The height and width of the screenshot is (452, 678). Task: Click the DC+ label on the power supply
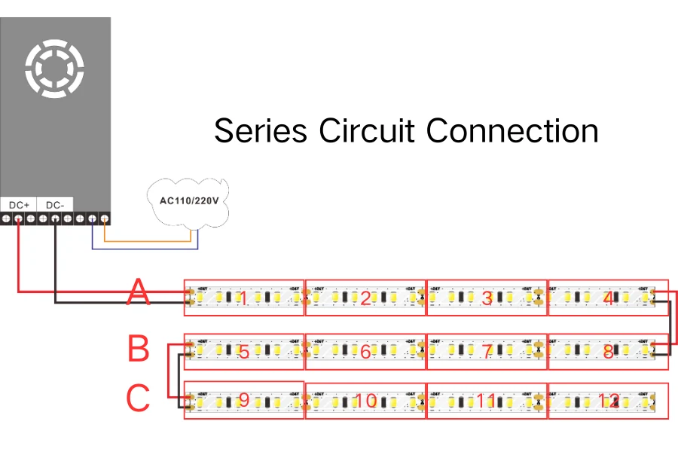pyautogui.click(x=19, y=205)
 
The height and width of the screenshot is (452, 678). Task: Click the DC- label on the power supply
pyautogui.click(x=55, y=205)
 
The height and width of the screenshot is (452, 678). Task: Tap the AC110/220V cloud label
pyautogui.click(x=190, y=201)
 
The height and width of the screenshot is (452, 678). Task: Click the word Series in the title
pyautogui.click(x=261, y=130)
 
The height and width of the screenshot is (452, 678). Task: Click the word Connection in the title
pyautogui.click(x=512, y=130)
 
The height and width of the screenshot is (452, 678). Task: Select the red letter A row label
pyautogui.click(x=138, y=292)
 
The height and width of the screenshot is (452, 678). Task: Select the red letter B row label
pyautogui.click(x=139, y=350)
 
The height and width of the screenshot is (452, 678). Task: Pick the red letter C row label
pyautogui.click(x=138, y=399)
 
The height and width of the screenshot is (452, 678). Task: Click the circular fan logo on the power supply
pyautogui.click(x=54, y=69)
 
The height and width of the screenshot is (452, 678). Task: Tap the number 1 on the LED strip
pyautogui.click(x=243, y=299)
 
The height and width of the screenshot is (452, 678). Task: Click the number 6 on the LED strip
pyautogui.click(x=365, y=352)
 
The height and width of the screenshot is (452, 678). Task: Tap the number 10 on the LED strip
pyautogui.click(x=365, y=401)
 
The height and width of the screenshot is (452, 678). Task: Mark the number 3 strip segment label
pyautogui.click(x=487, y=299)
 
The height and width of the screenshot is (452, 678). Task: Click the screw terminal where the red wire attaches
pyautogui.click(x=18, y=219)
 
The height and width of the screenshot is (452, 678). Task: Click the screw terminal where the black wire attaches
pyautogui.click(x=55, y=219)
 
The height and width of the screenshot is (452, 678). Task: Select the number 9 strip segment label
pyautogui.click(x=243, y=401)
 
